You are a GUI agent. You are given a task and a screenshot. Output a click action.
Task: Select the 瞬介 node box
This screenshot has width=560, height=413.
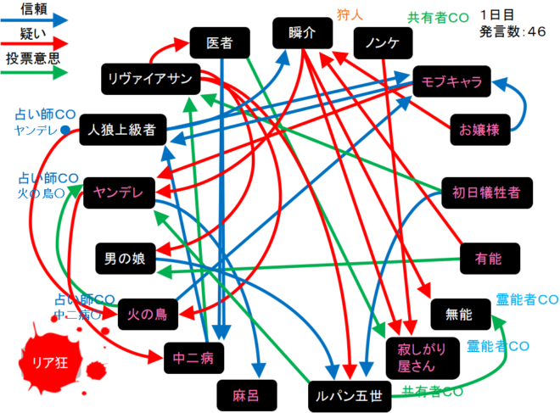coord(301,34)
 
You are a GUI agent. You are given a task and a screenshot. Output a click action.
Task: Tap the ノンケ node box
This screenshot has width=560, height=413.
coord(383,42)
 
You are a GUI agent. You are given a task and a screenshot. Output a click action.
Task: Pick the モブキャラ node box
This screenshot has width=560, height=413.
coord(451,81)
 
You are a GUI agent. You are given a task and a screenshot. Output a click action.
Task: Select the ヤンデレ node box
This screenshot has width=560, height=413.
coord(117,193)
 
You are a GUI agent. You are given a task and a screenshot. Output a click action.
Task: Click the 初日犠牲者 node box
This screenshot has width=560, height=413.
coord(486,192)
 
